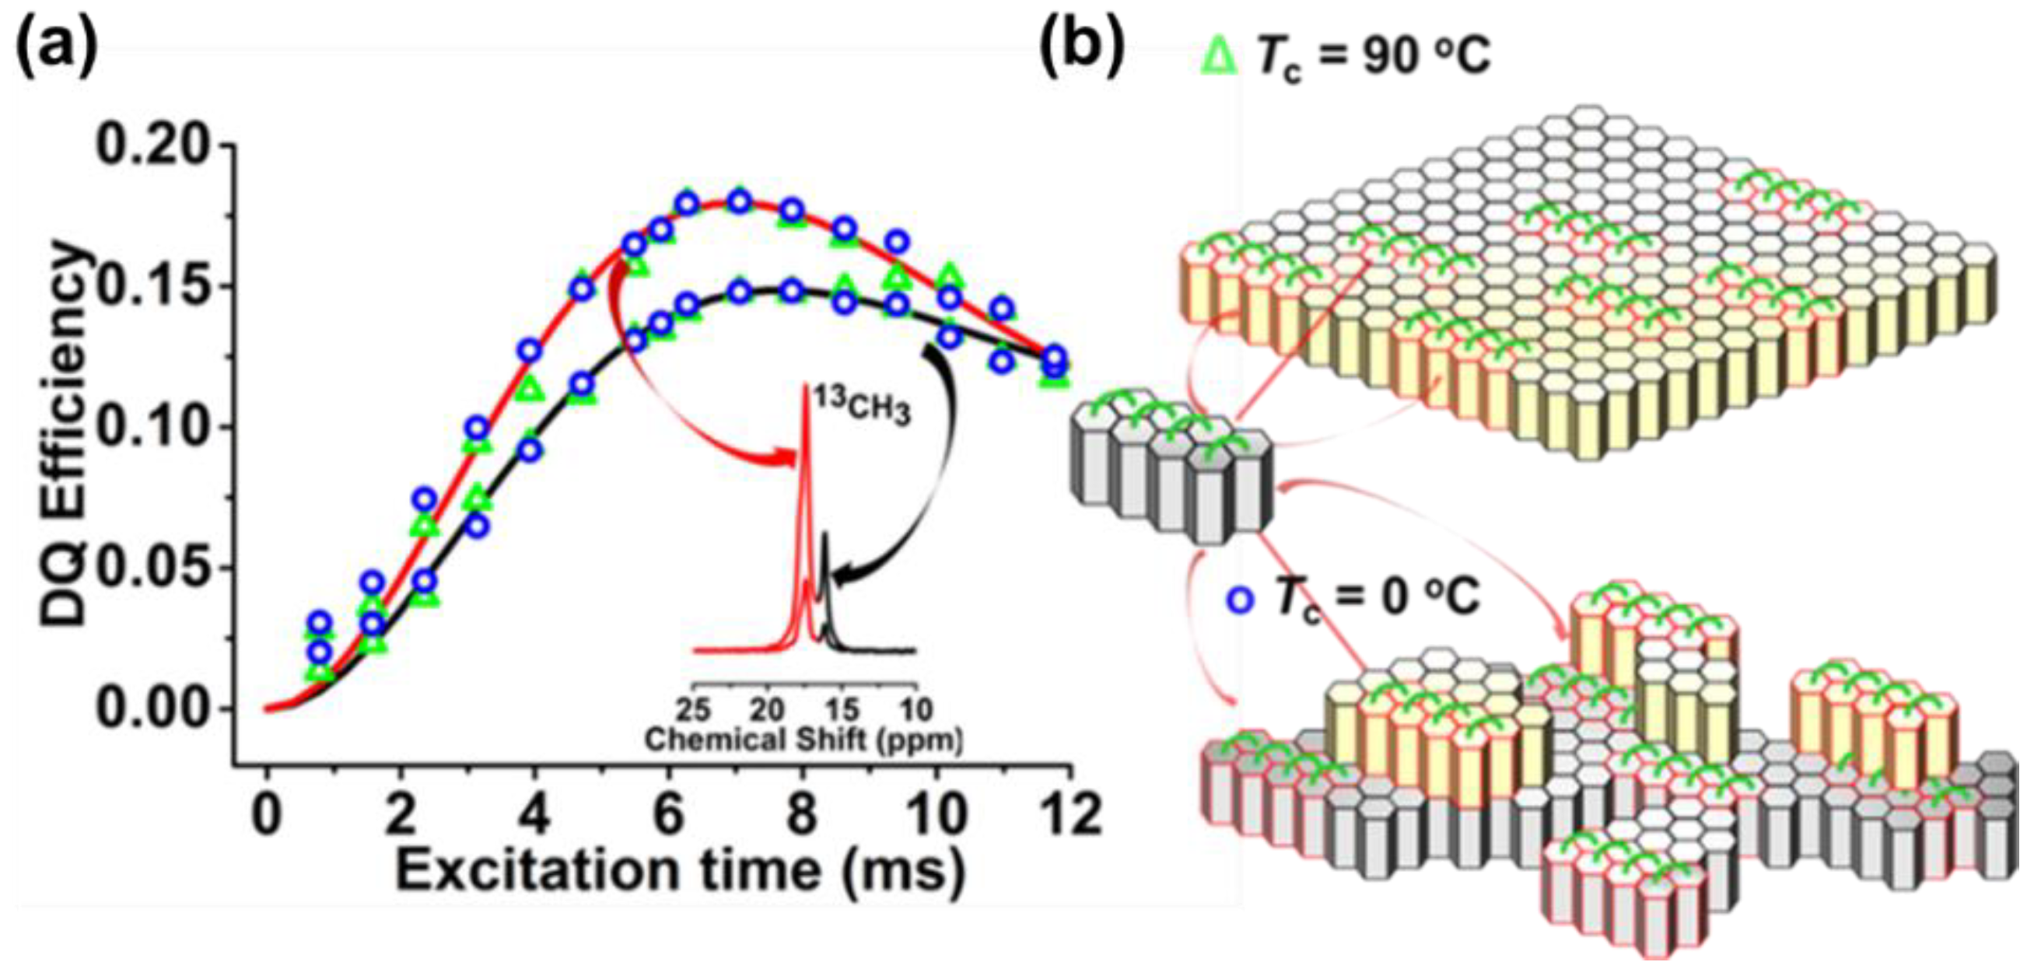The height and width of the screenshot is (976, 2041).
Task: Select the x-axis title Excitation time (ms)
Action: [x=680, y=869]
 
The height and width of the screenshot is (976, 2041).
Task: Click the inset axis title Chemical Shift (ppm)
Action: [x=803, y=740]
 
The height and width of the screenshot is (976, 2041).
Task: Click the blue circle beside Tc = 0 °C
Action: [x=1241, y=599]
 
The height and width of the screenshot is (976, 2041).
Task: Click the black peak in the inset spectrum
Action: [x=825, y=539]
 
